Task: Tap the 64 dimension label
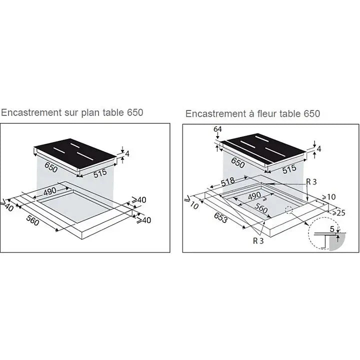point(217,129)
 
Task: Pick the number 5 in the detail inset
point(332,229)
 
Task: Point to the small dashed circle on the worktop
point(289,211)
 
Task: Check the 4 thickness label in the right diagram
point(319,149)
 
